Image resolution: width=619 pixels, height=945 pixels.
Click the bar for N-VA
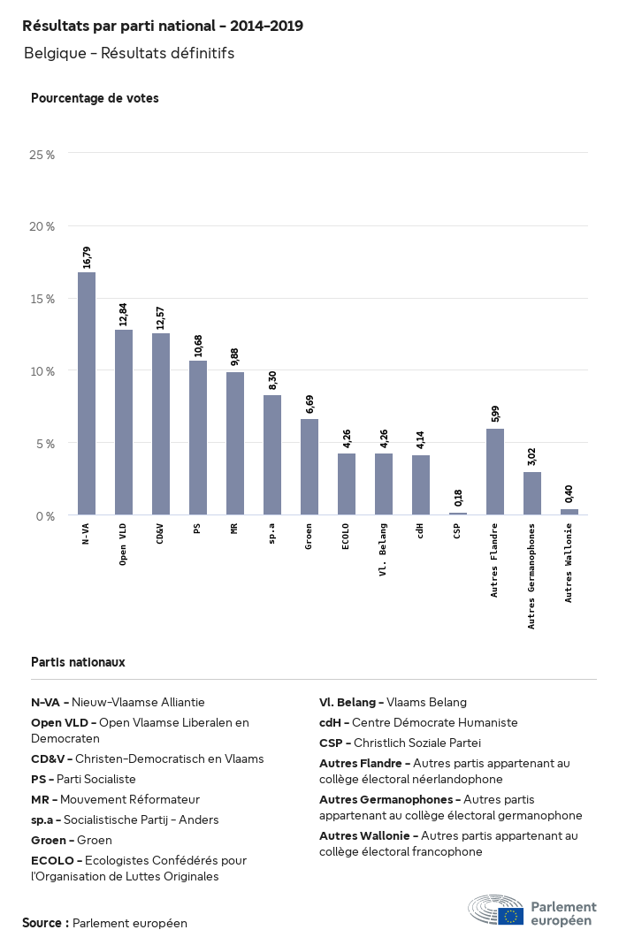87,393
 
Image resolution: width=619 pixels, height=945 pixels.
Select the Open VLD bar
124,423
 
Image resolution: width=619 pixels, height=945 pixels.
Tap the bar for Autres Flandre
495,471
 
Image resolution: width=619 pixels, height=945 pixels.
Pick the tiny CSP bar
458,513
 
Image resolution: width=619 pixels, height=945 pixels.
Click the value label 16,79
87,257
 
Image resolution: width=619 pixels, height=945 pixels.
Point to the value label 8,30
272,381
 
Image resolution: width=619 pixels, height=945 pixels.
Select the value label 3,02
532,457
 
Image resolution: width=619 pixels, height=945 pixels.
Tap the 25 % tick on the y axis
42,155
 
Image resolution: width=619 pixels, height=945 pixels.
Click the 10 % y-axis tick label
42,371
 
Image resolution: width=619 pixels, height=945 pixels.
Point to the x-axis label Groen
309,536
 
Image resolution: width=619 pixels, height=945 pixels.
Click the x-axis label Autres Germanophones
532,575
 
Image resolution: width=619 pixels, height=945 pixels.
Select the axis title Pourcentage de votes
95,98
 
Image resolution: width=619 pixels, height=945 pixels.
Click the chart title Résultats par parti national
163,27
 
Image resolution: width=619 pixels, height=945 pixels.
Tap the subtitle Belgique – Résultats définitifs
129,53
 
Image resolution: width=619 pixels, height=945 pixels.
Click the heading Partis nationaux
78,662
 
